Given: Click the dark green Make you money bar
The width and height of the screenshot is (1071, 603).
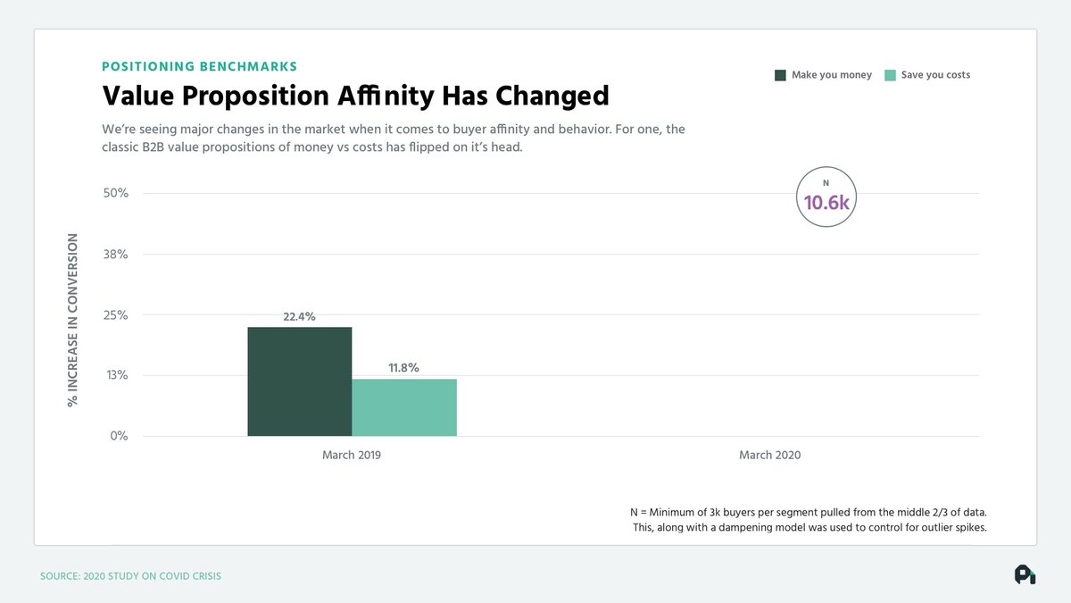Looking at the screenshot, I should click(x=300, y=381).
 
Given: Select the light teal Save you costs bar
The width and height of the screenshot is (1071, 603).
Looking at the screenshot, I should click(x=404, y=407).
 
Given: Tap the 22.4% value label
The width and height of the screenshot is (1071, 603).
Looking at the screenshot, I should click(x=300, y=316).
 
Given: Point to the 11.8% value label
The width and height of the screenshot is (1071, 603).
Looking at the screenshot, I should click(x=403, y=367).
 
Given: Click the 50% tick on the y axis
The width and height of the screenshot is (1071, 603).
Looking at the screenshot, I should click(x=116, y=193).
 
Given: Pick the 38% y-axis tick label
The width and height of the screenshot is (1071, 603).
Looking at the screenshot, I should click(x=116, y=254).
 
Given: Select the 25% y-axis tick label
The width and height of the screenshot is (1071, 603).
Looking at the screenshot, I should click(x=116, y=314).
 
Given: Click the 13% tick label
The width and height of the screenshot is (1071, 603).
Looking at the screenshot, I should click(x=116, y=375).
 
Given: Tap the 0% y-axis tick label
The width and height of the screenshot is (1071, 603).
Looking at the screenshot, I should click(x=119, y=436).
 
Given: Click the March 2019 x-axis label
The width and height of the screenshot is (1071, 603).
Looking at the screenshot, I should click(x=352, y=456).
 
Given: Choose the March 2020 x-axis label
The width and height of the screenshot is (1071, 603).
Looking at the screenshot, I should click(x=769, y=456).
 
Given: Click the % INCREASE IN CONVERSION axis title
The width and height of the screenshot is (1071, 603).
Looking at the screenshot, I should click(x=72, y=321).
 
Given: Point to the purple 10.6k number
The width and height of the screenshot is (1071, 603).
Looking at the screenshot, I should click(x=827, y=203).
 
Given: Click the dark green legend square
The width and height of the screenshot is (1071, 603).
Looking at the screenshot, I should click(x=780, y=75).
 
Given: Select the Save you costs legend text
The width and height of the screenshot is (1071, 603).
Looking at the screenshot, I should click(x=935, y=75).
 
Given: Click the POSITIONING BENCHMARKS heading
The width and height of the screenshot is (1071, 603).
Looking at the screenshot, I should click(x=200, y=66).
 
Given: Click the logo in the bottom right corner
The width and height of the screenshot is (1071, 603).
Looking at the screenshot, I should click(x=1025, y=575).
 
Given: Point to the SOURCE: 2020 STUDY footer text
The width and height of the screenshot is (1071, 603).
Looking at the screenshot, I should click(x=130, y=576).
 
